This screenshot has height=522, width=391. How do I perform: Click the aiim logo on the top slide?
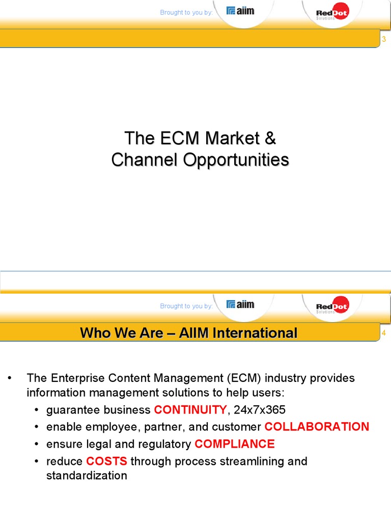click(x=240, y=11)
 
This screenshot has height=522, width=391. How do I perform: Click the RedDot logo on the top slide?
click(x=332, y=12)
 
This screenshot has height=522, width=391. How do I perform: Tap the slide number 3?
click(x=384, y=40)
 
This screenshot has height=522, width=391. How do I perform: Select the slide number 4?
click(x=384, y=333)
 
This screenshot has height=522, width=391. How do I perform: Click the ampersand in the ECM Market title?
click(x=271, y=138)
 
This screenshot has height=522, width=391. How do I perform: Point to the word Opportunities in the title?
click(x=236, y=160)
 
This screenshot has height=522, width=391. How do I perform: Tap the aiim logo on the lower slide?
click(x=240, y=304)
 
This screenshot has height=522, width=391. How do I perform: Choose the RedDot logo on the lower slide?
click(x=332, y=306)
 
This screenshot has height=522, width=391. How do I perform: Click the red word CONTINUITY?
click(x=190, y=409)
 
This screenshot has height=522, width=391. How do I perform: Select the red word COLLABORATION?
click(x=317, y=427)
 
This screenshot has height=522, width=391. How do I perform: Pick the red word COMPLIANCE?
click(x=234, y=444)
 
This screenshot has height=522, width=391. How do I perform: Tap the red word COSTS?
click(x=106, y=461)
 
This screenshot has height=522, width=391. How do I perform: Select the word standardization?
click(x=87, y=476)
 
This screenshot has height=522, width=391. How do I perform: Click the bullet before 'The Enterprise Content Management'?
click(x=9, y=379)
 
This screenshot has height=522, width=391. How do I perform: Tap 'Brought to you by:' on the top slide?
click(x=186, y=12)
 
